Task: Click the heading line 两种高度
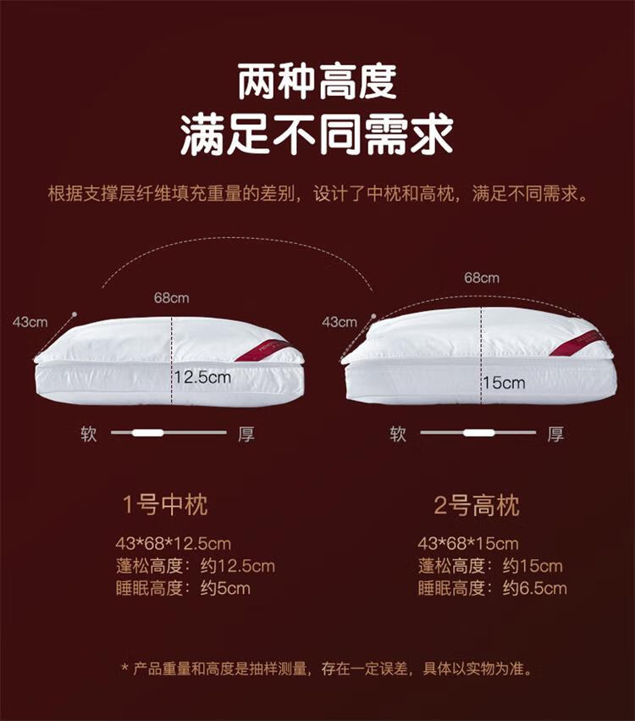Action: point(317,83)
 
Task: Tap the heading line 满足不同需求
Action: point(317,134)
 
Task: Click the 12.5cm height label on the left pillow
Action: point(202,378)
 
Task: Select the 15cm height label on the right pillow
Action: point(504,382)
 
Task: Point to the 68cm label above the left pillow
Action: point(171,298)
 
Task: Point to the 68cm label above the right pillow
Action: point(482,278)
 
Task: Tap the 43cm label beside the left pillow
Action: point(30,322)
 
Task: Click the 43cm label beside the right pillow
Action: point(340,322)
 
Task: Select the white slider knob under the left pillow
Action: point(147,433)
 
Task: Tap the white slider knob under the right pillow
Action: point(478,433)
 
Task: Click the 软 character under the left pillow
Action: point(89,434)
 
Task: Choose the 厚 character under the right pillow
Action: point(555,434)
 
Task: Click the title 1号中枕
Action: point(165,505)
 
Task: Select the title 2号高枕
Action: point(477,505)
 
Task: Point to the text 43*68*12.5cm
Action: point(174,544)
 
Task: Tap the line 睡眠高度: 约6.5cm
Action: point(493,588)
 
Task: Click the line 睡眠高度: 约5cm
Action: point(183,588)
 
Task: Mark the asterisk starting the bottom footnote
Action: point(124,666)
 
